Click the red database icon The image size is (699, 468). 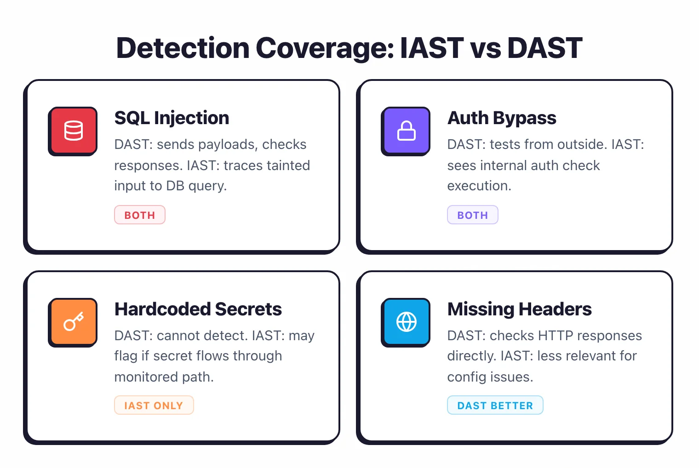click(x=73, y=131)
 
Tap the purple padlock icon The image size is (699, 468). click(x=406, y=131)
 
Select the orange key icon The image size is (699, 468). click(x=73, y=322)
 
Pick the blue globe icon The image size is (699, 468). click(x=406, y=322)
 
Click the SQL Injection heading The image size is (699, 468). click(x=172, y=118)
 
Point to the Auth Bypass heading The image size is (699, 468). click(x=502, y=118)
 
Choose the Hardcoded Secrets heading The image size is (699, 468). click(x=198, y=309)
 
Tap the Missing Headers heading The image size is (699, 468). click(x=519, y=309)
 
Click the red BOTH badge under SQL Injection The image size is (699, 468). click(x=140, y=215)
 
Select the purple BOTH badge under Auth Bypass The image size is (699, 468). click(x=472, y=215)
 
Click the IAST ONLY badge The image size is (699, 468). click(x=154, y=405)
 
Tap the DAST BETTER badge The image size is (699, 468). click(x=495, y=405)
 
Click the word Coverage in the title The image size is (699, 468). click(x=325, y=48)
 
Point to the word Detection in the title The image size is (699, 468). click(x=183, y=48)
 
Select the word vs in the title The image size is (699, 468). click(x=485, y=48)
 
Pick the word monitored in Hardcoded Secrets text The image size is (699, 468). click(x=146, y=377)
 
